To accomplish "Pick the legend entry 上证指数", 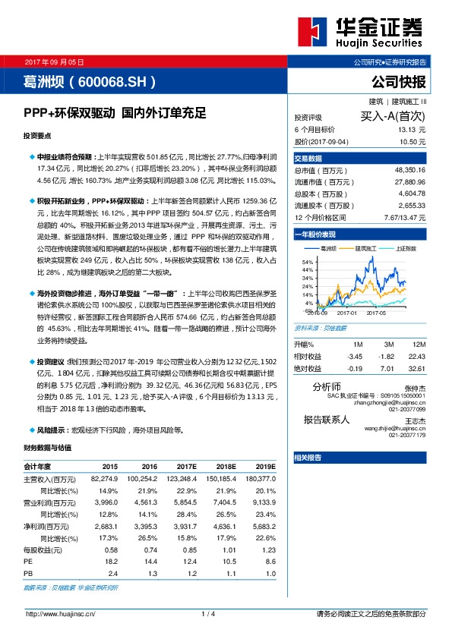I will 406,248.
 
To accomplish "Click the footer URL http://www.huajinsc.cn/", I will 61,614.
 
